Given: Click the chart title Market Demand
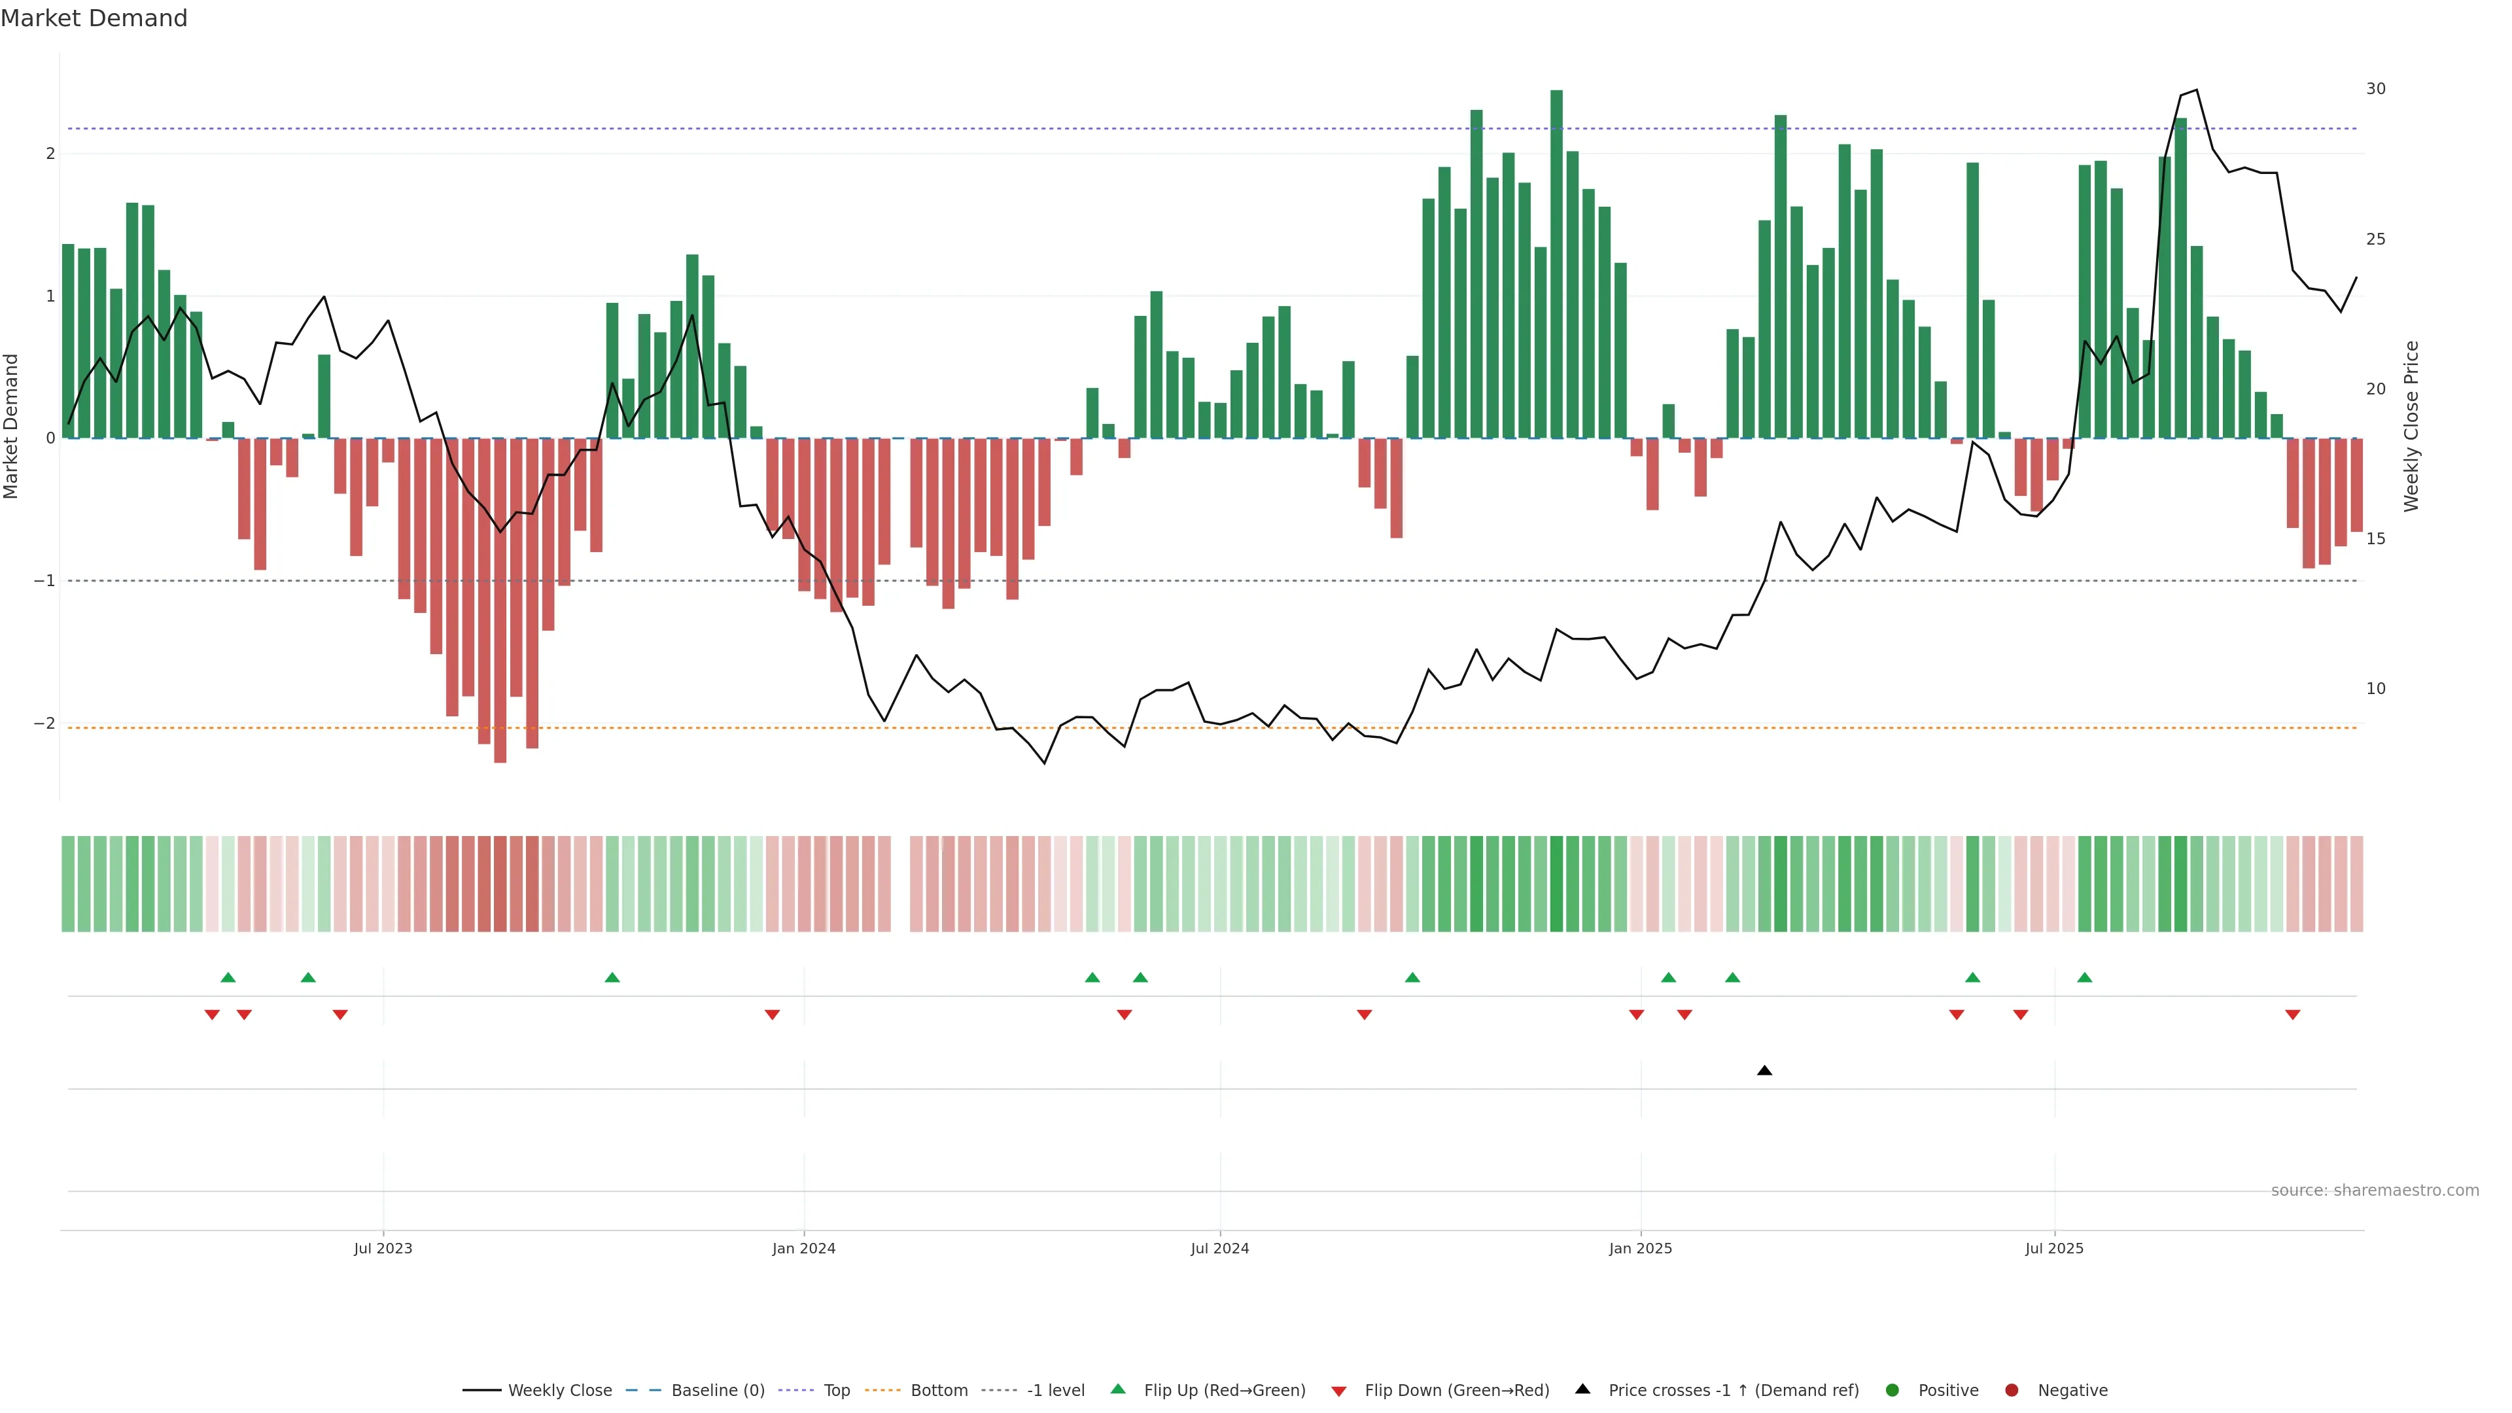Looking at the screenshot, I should [94, 18].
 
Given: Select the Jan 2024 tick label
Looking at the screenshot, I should [803, 1248].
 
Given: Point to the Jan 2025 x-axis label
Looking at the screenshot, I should [1640, 1248].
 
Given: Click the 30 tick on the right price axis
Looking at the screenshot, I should [2375, 89].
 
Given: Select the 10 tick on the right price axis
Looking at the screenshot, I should [2375, 688].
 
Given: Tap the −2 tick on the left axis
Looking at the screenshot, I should [44, 723].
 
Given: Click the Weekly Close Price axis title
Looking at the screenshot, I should [2411, 426].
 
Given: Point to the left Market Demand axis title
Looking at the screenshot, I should [12, 426].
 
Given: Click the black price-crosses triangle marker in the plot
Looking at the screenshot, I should [1764, 1071].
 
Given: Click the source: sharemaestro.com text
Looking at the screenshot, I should [2375, 1191].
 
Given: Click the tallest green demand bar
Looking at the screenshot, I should [1556, 263].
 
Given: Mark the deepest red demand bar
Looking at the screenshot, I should [500, 600].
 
